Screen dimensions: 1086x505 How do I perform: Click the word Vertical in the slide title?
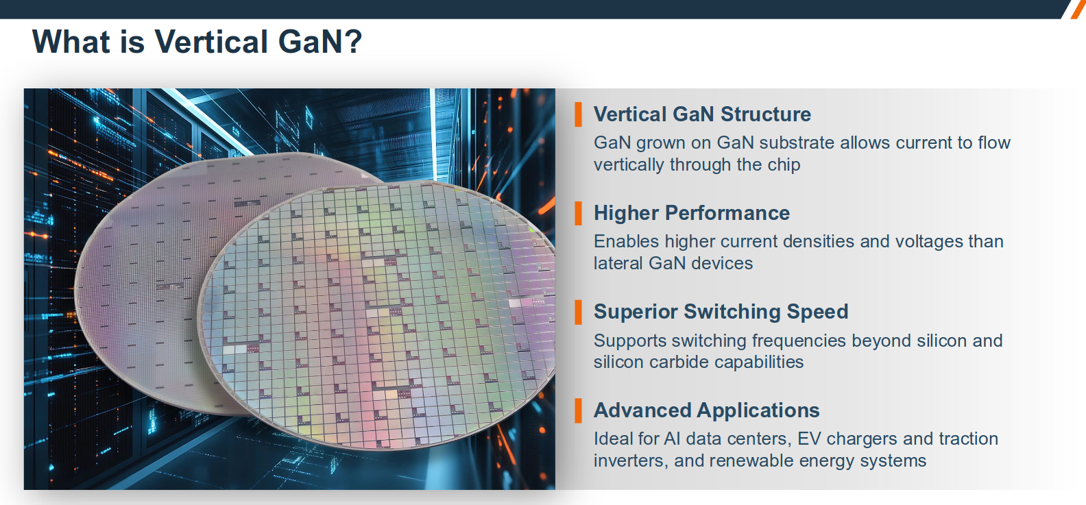(211, 41)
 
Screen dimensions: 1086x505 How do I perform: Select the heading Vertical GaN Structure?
(702, 114)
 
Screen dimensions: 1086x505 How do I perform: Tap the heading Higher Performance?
(692, 213)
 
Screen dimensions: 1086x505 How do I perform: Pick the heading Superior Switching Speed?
(721, 312)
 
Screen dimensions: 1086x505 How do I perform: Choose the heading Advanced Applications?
(706, 410)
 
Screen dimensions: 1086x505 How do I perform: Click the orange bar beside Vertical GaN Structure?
(578, 114)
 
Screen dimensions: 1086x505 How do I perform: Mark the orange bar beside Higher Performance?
(578, 213)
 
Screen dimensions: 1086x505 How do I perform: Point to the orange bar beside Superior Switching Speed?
(578, 312)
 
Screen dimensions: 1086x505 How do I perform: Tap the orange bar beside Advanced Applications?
(578, 411)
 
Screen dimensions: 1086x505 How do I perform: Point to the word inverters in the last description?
(630, 461)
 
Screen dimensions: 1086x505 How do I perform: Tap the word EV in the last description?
(809, 439)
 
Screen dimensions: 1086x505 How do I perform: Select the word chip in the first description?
(784, 165)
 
